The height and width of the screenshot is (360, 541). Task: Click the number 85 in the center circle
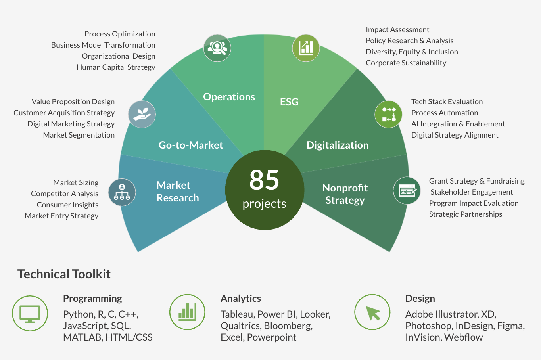click(264, 180)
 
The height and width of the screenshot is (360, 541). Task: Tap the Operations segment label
click(229, 97)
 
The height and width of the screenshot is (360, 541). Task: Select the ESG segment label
click(289, 102)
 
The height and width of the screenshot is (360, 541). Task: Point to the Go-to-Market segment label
click(190, 145)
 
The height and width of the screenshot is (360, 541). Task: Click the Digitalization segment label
click(338, 145)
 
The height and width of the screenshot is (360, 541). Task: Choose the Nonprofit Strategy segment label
click(345, 194)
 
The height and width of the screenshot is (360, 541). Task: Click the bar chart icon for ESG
click(306, 48)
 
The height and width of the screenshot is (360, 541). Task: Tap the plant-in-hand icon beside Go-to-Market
click(142, 114)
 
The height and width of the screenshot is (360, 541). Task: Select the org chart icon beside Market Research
click(122, 192)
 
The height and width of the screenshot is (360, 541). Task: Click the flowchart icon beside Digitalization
click(388, 114)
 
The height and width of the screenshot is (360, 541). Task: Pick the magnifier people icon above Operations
click(217, 48)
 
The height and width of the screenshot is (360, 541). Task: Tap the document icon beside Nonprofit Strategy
click(407, 191)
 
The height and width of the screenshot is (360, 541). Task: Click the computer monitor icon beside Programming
click(30, 314)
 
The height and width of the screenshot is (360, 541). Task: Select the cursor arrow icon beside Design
click(372, 312)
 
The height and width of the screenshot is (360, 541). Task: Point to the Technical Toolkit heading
click(64, 274)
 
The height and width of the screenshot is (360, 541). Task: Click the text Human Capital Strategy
click(116, 67)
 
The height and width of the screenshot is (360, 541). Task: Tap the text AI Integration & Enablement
click(458, 124)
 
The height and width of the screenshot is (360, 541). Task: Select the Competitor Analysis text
click(65, 193)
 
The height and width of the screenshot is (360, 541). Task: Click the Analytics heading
click(241, 298)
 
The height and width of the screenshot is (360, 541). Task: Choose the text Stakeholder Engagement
click(472, 192)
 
